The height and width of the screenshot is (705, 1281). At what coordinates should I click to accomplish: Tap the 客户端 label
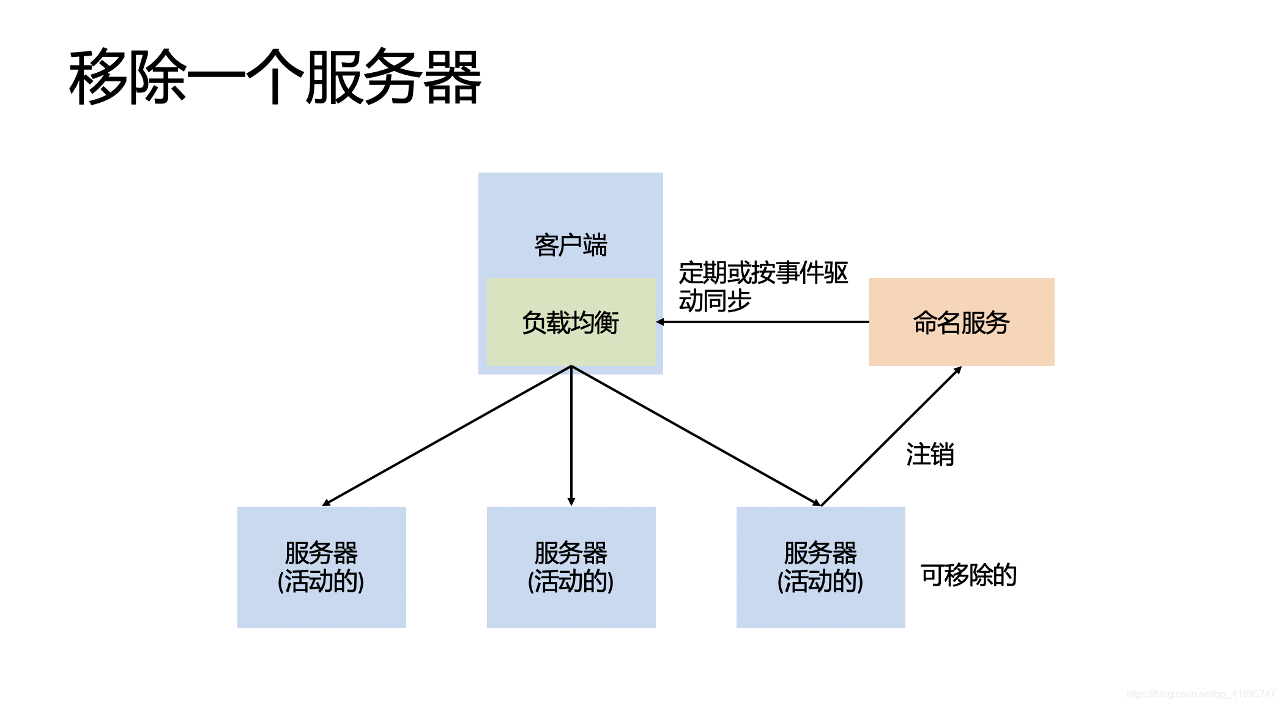tap(571, 245)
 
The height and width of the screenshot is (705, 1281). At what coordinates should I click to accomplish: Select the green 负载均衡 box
tap(571, 323)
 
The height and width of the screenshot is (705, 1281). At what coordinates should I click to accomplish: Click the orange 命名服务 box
tap(961, 323)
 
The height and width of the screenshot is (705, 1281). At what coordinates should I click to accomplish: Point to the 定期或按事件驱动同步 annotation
tap(763, 286)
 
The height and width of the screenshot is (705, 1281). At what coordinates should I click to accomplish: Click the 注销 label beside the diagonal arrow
tap(930, 455)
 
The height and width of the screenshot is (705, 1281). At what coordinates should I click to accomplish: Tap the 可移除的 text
tap(968, 575)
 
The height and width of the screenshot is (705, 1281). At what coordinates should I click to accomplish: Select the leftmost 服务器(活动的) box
tap(321, 567)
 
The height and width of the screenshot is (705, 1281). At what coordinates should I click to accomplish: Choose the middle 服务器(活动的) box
tap(571, 567)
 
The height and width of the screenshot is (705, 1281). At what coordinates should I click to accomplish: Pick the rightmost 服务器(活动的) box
tap(820, 567)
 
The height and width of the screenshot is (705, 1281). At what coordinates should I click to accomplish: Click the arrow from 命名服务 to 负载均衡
tap(765, 322)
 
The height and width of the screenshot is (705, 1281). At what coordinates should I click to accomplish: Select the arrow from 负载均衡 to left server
tap(447, 436)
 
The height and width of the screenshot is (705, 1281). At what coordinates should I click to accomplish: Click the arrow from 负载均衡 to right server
tap(696, 436)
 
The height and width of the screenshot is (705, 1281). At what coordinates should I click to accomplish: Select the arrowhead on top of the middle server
tap(571, 502)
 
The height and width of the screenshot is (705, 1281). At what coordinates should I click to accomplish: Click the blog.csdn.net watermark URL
tap(1200, 694)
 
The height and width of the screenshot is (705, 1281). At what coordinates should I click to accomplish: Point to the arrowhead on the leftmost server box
tap(326, 503)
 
